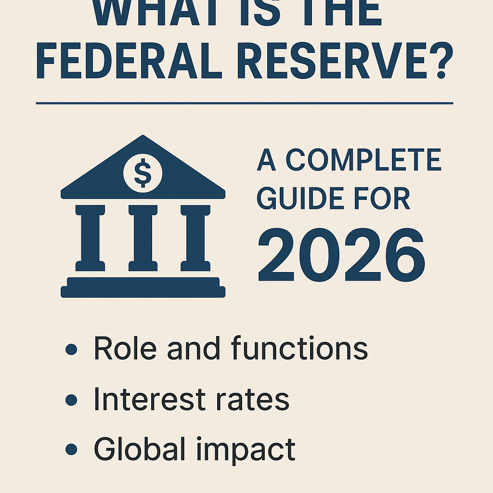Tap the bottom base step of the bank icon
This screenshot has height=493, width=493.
pyautogui.click(x=143, y=291)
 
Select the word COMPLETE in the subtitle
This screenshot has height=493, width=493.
pyautogui.click(x=363, y=161)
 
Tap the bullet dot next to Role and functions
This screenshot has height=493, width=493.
pyautogui.click(x=71, y=350)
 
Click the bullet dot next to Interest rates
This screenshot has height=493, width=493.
pyautogui.click(x=71, y=400)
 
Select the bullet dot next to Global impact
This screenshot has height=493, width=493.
pyautogui.click(x=71, y=449)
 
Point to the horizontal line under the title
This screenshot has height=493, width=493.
pyautogui.click(x=245, y=103)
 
